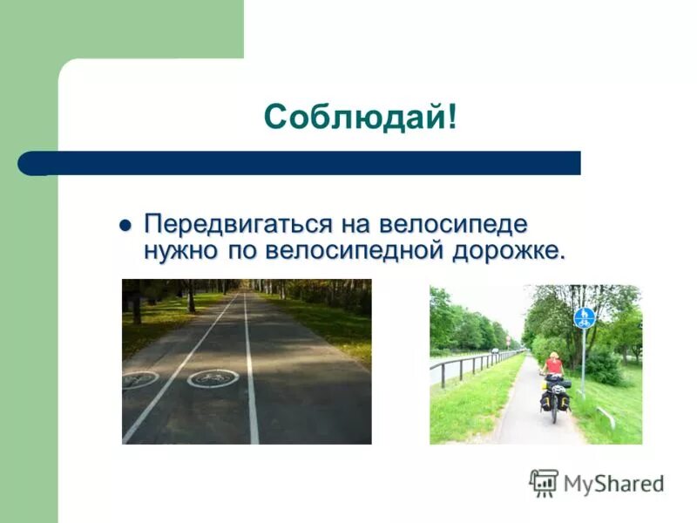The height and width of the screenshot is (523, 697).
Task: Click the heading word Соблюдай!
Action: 360,117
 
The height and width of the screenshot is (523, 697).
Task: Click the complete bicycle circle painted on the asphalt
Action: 213,377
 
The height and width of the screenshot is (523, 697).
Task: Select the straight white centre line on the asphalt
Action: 251,375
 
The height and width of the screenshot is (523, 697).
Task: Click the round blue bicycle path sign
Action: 584,317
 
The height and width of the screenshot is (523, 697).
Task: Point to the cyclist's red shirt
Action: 553,367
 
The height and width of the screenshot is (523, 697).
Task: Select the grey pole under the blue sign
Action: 584,357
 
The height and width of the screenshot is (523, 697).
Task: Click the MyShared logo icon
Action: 544,482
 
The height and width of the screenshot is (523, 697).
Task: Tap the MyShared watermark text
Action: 612,483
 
